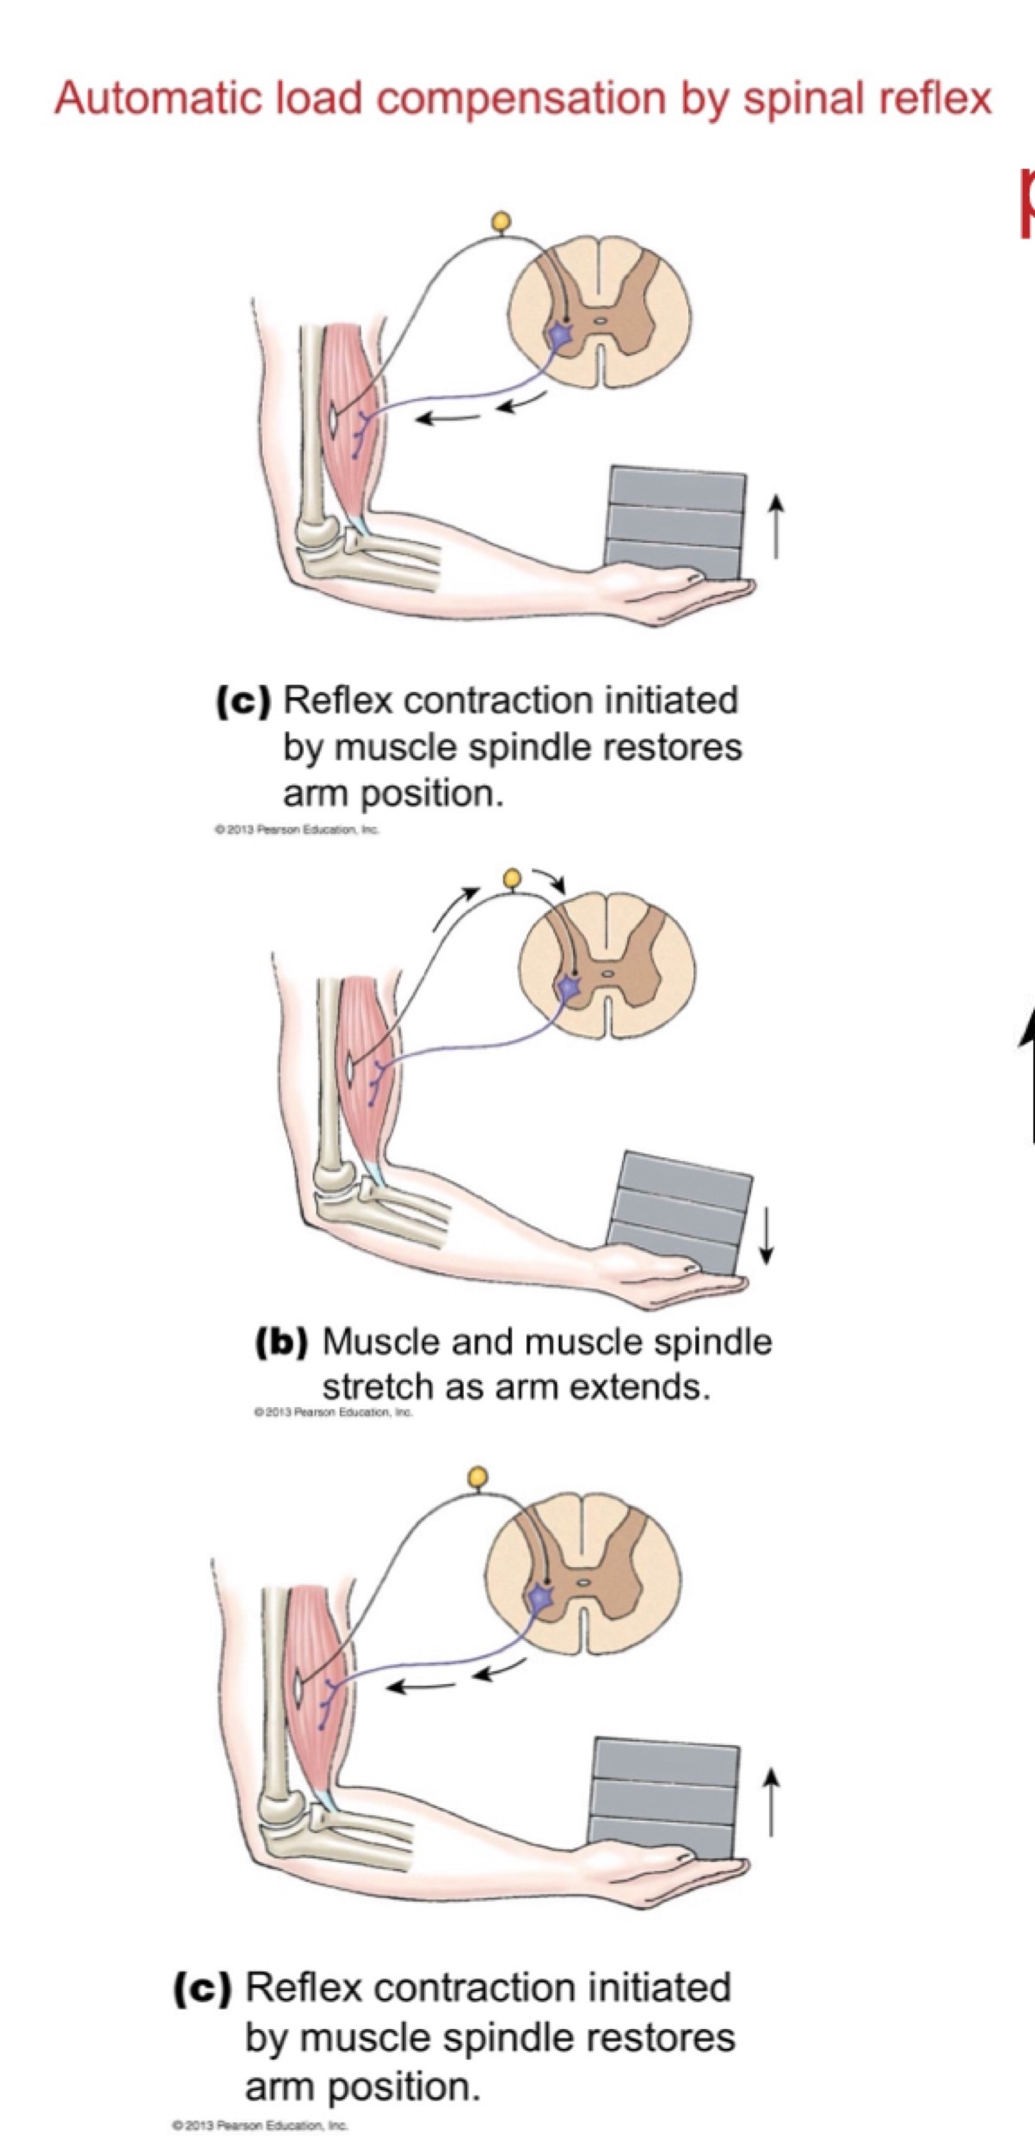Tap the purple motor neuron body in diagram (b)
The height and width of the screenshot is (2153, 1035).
(x=568, y=988)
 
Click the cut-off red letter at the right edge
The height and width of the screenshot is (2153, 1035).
(x=1027, y=202)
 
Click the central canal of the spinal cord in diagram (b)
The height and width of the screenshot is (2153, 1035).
(x=608, y=973)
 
